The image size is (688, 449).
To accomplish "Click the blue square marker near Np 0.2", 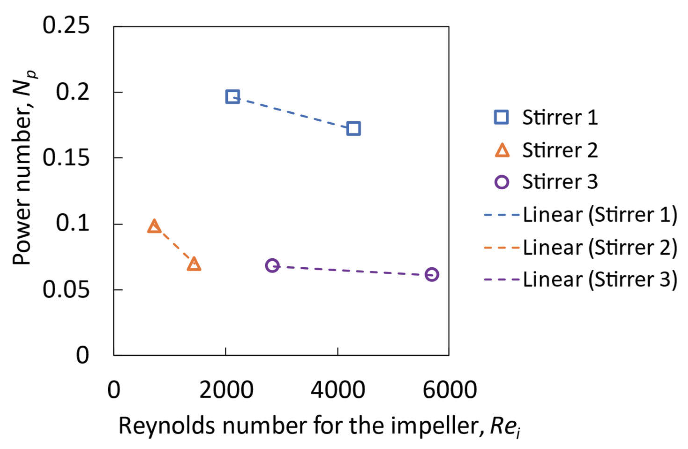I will (232, 97).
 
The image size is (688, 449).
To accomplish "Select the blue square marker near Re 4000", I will (353, 128).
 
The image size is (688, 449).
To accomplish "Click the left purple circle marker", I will (272, 265).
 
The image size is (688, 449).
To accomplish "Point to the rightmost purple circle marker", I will (432, 274).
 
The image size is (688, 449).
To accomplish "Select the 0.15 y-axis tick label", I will (66, 158).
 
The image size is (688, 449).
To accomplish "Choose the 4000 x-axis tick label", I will (338, 390).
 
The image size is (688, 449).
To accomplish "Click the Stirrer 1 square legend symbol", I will (501, 117).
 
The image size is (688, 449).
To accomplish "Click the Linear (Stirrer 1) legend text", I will (600, 215).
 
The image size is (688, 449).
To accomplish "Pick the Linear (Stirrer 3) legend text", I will (600, 280).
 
